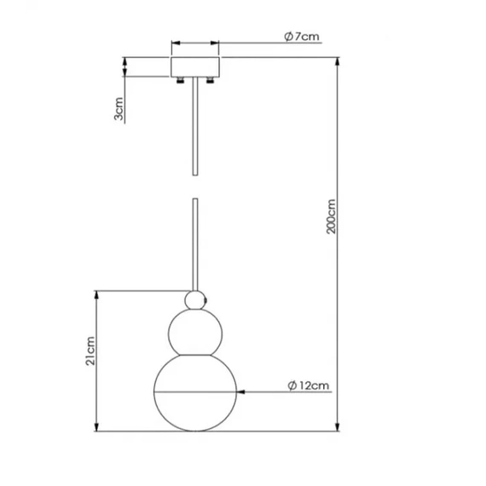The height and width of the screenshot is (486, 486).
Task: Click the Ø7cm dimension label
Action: click(x=302, y=37)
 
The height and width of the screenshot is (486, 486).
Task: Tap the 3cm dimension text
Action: click(x=119, y=109)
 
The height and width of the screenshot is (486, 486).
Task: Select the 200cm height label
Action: click(x=331, y=217)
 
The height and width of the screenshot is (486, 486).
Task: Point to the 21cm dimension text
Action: click(x=90, y=351)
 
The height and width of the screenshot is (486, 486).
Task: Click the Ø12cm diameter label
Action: click(x=309, y=385)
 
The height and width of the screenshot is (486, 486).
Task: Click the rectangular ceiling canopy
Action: click(x=195, y=67)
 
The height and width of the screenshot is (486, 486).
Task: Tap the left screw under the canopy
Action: click(x=180, y=80)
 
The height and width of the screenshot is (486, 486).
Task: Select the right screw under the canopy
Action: click(x=210, y=80)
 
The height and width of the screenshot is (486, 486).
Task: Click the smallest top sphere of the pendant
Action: click(x=195, y=300)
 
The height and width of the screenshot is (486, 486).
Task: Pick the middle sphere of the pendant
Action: click(x=195, y=333)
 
